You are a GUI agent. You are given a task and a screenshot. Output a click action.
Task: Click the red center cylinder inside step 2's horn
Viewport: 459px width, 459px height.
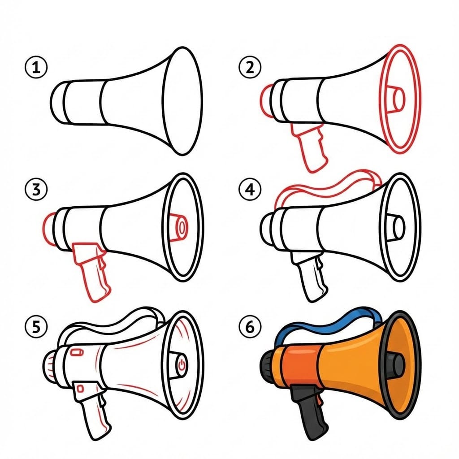click(x=395, y=99)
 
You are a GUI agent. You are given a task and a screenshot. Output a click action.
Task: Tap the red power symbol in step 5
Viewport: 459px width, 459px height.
click(x=181, y=364)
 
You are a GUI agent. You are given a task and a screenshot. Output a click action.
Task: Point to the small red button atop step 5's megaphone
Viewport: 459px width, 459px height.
click(x=76, y=352)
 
